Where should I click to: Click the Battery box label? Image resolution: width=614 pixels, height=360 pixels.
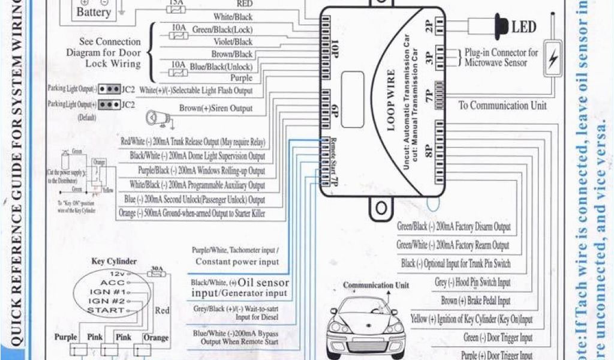point(94,12)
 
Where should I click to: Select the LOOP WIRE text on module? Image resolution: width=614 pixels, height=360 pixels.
point(391,100)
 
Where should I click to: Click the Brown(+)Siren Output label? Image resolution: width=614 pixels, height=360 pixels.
point(216,109)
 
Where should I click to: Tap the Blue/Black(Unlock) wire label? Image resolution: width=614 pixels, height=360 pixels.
point(221,67)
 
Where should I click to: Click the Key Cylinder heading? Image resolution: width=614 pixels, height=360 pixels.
point(114,262)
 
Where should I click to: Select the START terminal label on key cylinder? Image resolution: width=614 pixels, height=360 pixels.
point(106,310)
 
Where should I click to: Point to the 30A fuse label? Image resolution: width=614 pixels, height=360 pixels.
point(156,269)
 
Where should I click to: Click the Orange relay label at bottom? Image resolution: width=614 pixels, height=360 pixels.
point(156,338)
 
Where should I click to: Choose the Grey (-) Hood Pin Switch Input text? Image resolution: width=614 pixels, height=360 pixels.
point(473,282)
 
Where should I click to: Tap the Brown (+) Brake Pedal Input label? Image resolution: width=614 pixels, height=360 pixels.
point(475,301)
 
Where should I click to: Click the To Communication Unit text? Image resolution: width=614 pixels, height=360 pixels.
point(502,106)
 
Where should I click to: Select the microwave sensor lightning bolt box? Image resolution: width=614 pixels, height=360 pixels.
point(553,58)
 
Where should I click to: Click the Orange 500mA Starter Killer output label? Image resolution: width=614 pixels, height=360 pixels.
point(192,214)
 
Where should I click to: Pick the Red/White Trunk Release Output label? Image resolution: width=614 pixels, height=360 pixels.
point(193,142)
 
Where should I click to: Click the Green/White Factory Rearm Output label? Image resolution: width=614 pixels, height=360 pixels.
point(453,245)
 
